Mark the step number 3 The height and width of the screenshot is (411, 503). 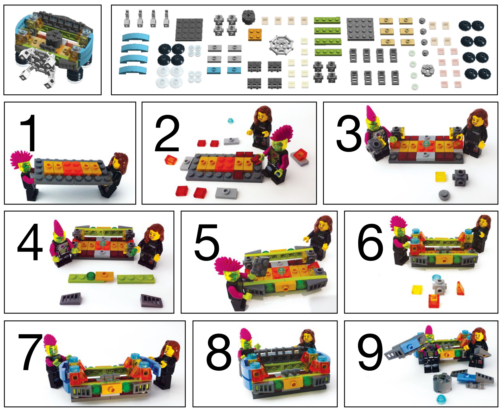pos(349,133)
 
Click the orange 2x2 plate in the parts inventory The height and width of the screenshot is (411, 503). pos(255,35)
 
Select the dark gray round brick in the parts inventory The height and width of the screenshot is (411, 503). pos(248,17)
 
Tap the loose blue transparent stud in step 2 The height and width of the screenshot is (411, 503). pos(231,120)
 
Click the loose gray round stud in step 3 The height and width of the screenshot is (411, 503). pos(444,194)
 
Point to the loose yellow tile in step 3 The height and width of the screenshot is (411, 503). pos(441,176)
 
